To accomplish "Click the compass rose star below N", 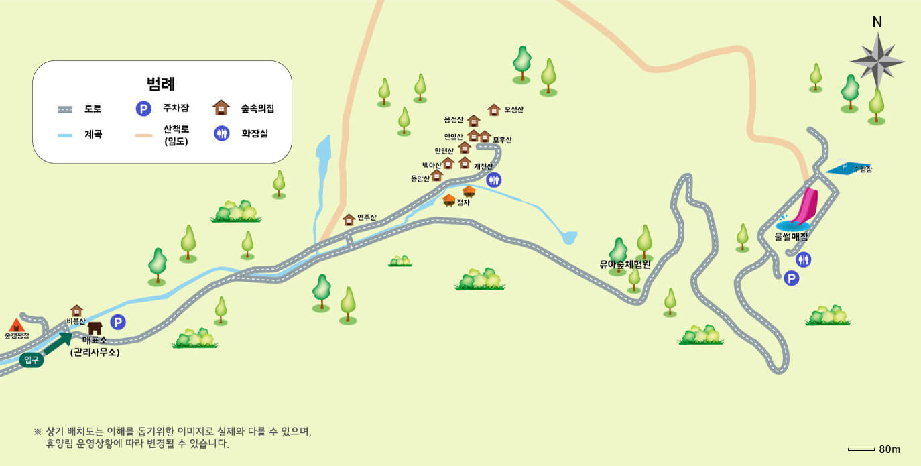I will (x=877, y=61).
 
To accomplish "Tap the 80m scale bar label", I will (x=889, y=449).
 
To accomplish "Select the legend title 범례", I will (x=161, y=84).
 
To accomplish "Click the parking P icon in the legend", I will (x=143, y=109).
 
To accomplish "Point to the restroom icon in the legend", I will (x=222, y=133).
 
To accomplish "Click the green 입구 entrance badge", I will (x=32, y=360).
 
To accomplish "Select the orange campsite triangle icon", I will (x=17, y=325).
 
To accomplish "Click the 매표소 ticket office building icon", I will (x=95, y=328).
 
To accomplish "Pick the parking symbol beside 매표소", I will (x=118, y=323).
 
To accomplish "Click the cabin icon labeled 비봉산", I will (x=77, y=310).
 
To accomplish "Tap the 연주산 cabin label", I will (x=367, y=217).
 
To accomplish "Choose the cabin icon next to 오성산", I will (x=494, y=109).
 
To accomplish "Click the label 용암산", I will (x=420, y=178).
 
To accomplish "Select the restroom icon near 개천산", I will (x=493, y=179).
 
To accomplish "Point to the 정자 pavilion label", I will (x=463, y=202).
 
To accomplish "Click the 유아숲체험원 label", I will (x=625, y=264).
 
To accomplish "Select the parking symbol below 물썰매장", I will (x=792, y=278).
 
